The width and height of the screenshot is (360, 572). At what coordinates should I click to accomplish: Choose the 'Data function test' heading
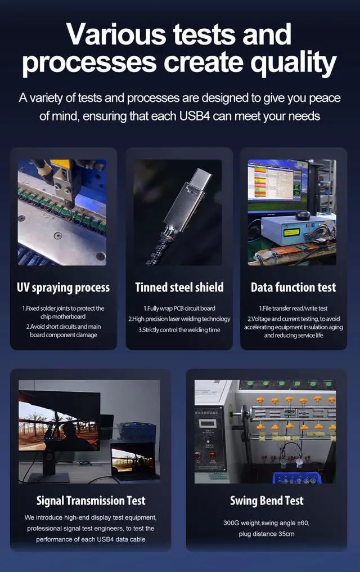coord(293,288)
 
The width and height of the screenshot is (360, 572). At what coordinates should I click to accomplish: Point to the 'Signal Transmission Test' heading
coord(91,500)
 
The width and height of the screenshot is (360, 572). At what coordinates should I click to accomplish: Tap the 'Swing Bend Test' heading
coord(267,500)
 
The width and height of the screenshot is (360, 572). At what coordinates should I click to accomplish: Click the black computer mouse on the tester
coord(303,215)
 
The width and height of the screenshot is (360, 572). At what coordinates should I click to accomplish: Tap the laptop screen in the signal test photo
coord(133,460)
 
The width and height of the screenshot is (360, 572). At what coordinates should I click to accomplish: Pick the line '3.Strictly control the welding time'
coord(178,329)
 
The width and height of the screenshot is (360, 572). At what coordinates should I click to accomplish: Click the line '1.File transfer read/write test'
coord(293,309)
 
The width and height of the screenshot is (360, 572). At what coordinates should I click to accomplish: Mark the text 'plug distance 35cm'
coord(267,533)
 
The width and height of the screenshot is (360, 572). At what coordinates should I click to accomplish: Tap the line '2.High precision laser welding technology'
coord(178,319)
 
